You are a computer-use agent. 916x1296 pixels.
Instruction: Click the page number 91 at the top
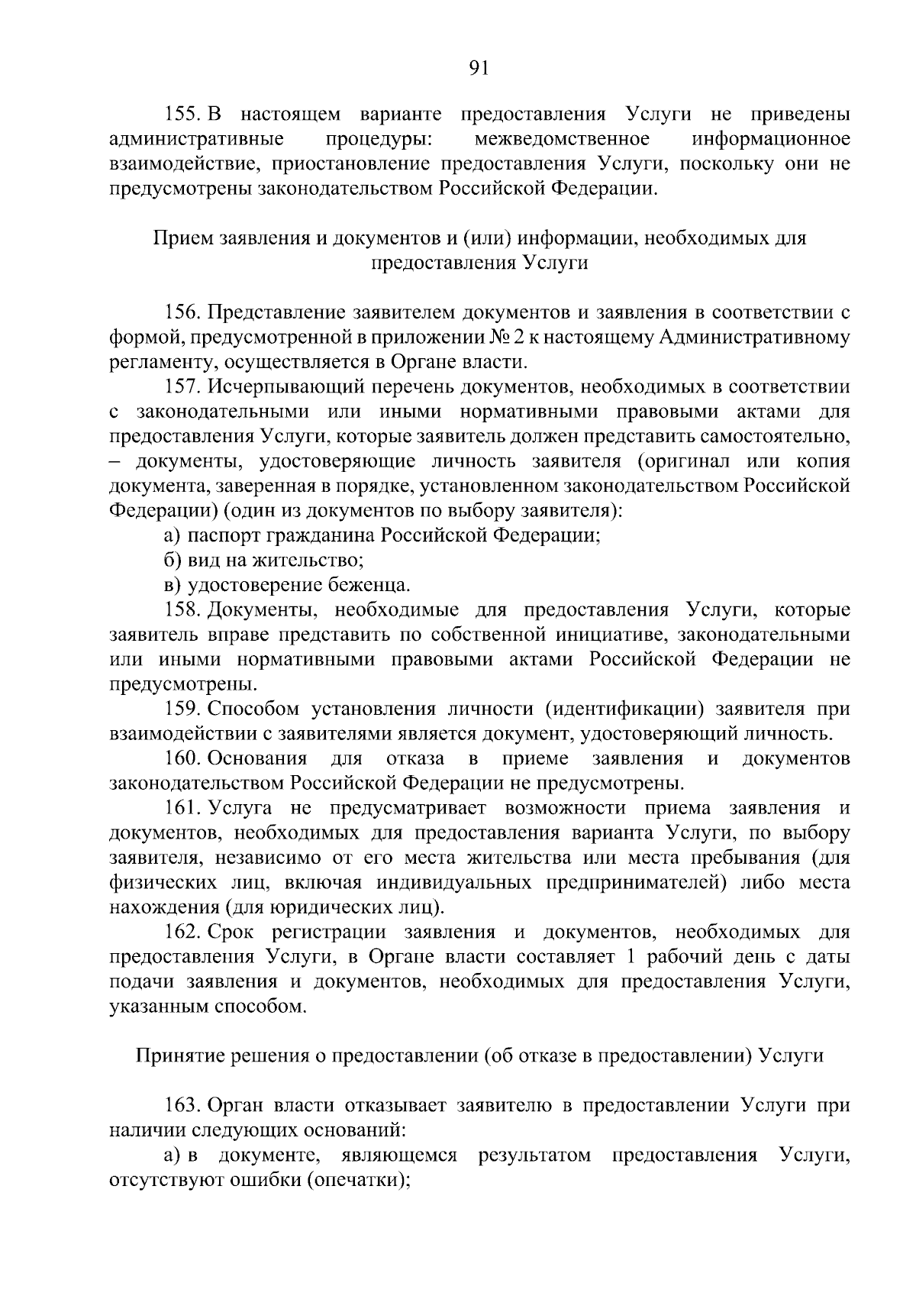(x=478, y=69)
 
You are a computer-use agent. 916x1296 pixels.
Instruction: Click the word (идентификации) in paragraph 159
(x=624, y=709)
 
